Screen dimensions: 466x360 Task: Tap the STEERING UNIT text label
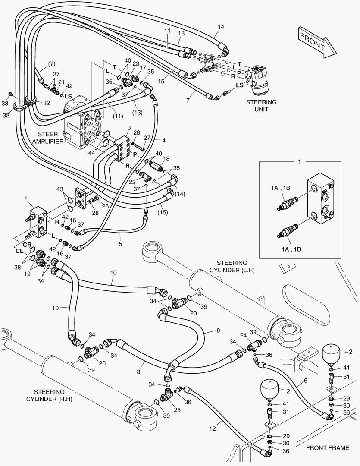click(261, 106)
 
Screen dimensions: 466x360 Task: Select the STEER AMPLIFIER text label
click(51, 137)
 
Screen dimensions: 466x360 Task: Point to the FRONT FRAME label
click(328, 448)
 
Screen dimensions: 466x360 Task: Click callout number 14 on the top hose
click(221, 27)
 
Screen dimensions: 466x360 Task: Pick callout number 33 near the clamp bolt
click(5, 104)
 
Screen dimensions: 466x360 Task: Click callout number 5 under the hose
click(120, 244)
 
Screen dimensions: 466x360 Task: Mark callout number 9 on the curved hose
click(218, 331)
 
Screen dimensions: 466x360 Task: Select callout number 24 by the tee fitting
click(244, 335)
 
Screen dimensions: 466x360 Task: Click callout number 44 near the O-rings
click(92, 153)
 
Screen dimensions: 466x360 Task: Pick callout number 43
click(59, 189)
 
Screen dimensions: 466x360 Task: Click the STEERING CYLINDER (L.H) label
click(232, 266)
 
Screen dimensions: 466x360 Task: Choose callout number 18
click(167, 158)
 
